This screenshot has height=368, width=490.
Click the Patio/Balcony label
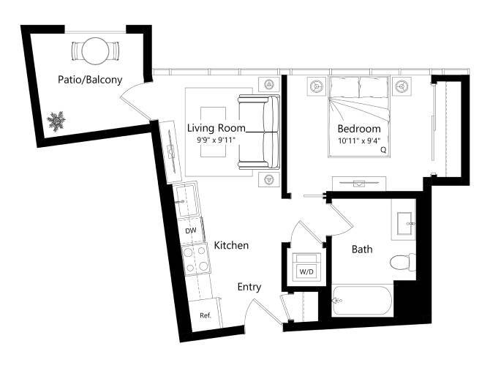pos(90,80)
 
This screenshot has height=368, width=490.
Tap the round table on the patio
pos(94,52)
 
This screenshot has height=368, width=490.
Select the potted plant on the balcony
pos(56,121)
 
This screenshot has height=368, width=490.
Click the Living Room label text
pos(216,127)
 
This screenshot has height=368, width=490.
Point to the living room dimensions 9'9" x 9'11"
pos(216,139)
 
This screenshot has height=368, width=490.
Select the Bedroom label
pos(358,129)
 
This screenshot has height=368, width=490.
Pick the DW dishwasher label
pos(191,231)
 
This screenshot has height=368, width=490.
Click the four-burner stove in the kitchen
pos(195,259)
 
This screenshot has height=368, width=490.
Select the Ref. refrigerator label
pos(206,315)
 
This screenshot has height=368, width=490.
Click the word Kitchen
pos(230,246)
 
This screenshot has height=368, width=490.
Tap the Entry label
pos(249,288)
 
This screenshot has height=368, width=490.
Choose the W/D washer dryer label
pos(305,272)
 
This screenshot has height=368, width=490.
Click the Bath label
pos(362,249)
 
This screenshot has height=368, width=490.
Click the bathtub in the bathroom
pos(363,301)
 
